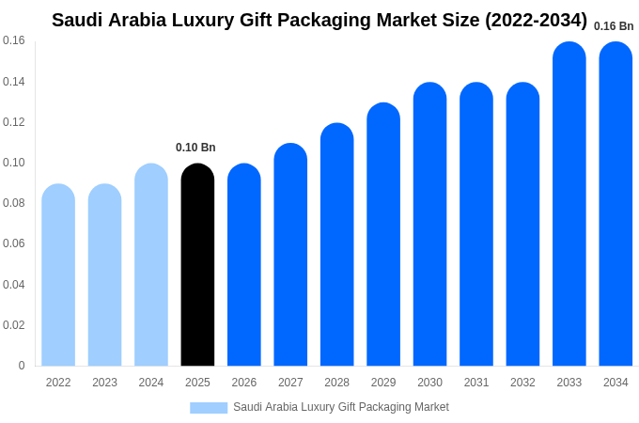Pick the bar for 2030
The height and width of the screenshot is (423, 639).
(429, 225)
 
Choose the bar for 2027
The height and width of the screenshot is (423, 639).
(290, 255)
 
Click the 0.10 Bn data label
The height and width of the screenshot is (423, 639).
(195, 148)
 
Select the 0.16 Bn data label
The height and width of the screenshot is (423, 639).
(614, 26)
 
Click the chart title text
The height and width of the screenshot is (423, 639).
(319, 20)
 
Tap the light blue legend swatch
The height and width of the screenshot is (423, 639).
(209, 408)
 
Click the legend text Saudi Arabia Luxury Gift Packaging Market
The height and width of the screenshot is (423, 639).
(341, 407)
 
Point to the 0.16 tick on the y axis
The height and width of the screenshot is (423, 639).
(14, 40)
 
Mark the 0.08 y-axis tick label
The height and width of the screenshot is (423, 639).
(14, 203)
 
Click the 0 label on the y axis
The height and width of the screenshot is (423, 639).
(22, 366)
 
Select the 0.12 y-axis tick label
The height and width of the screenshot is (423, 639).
(14, 122)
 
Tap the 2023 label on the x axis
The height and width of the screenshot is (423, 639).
(104, 383)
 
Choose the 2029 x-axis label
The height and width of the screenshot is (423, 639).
(383, 383)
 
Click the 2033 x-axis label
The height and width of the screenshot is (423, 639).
(569, 383)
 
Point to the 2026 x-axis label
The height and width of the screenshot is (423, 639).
(244, 383)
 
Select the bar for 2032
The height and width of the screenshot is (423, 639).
(522, 225)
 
